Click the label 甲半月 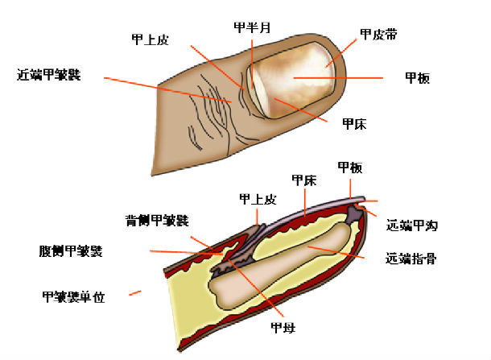click(x=252, y=27)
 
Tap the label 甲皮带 click(x=378, y=34)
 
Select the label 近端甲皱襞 click(x=49, y=75)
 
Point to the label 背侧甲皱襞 click(x=157, y=221)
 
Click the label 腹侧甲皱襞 click(x=71, y=251)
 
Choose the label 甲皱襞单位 click(x=73, y=296)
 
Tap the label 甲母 click(x=283, y=328)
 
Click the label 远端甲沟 click(x=412, y=226)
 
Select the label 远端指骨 click(x=411, y=259)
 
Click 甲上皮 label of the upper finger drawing click(x=151, y=39)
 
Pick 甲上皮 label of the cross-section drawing click(x=258, y=199)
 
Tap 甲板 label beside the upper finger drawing click(x=418, y=77)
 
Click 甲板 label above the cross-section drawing click(x=350, y=168)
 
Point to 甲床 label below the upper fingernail click(x=354, y=124)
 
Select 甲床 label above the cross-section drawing click(x=304, y=180)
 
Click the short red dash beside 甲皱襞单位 click(x=135, y=293)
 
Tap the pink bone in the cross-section click(x=282, y=267)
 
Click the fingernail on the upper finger click(x=293, y=80)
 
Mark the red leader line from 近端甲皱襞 click(x=168, y=90)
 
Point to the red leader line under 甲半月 click(x=252, y=64)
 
